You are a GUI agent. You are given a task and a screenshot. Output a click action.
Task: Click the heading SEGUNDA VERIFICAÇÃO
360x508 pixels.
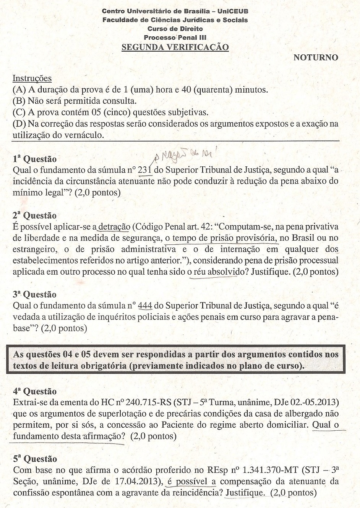[x=175, y=47]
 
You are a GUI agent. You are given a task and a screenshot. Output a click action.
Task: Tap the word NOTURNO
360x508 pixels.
[x=316, y=57]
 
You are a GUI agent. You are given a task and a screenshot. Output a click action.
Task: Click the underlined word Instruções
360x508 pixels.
[x=32, y=78]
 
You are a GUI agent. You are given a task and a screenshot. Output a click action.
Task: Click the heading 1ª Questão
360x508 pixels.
[x=34, y=159]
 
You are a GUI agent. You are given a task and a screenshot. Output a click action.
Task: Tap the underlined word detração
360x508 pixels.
[x=114, y=226]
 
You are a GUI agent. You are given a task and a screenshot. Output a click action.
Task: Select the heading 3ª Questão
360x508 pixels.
[x=34, y=294]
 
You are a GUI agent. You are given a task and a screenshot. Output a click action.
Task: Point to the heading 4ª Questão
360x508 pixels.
[x=34, y=391]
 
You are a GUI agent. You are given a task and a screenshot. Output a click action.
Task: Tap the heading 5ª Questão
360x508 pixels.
[x=35, y=459]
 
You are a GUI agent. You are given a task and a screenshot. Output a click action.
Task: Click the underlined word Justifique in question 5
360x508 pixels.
[x=245, y=493]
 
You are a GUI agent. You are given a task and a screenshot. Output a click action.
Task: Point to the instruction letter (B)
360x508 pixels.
[x=19, y=101]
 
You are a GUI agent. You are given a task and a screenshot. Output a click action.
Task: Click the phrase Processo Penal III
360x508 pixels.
[x=175, y=37]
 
